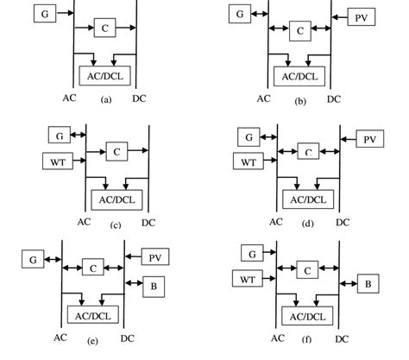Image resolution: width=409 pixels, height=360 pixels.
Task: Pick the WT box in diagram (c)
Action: (x=57, y=161)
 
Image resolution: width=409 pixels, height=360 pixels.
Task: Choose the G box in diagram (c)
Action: (x=58, y=136)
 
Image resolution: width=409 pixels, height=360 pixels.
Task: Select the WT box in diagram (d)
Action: (x=249, y=161)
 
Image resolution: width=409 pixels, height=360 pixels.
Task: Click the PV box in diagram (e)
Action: (x=155, y=257)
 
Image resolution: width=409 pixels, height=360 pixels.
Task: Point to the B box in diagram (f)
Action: (x=367, y=282)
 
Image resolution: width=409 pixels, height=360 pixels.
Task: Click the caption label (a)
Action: (x=106, y=100)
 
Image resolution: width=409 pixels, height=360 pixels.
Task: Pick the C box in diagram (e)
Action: (x=93, y=268)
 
